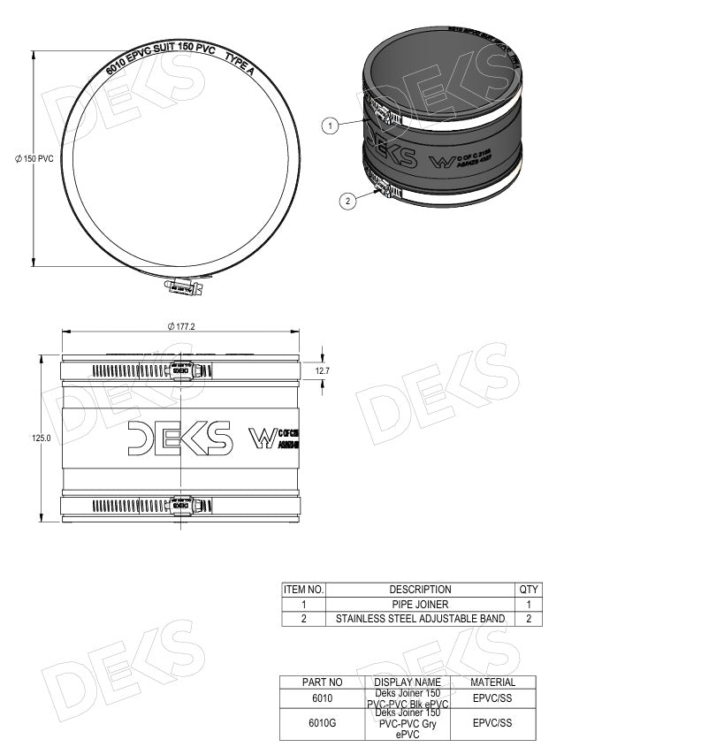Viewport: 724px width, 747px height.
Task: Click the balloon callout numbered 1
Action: click(x=330, y=126)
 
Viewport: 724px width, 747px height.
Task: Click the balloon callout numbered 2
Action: click(x=348, y=201)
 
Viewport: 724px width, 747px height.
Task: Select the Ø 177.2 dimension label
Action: click(x=180, y=326)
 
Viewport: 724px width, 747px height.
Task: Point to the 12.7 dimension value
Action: click(x=322, y=371)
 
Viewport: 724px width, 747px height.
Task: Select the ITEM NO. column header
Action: click(x=303, y=589)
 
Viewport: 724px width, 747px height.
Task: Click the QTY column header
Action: click(x=529, y=589)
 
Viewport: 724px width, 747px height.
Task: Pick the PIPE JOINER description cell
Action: click(x=420, y=604)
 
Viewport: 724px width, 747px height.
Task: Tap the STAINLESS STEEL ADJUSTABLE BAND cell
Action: click(x=420, y=619)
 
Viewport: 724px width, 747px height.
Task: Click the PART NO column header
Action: click(x=322, y=682)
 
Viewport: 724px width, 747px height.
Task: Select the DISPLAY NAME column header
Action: click(x=408, y=682)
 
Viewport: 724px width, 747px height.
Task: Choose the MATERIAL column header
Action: click(x=492, y=682)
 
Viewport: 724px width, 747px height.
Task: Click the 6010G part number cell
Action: click(x=322, y=723)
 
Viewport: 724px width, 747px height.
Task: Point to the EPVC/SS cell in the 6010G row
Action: click(x=492, y=723)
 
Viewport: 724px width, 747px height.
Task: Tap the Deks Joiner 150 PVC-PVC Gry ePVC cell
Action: click(x=408, y=723)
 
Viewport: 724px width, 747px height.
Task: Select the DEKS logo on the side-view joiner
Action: click(x=179, y=438)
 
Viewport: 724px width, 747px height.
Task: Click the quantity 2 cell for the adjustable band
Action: click(x=529, y=619)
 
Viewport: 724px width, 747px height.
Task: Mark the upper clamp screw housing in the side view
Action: click(x=180, y=370)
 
